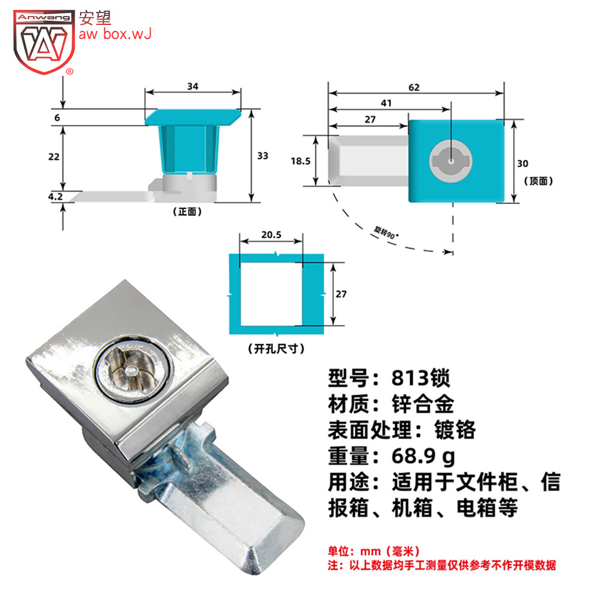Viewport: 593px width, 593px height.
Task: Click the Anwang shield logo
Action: pyautogui.click(x=44, y=42)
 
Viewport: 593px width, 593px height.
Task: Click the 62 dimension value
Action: pyautogui.click(x=414, y=87)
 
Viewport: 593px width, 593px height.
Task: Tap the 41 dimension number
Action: pyautogui.click(x=386, y=103)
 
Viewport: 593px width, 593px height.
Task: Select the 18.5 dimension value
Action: pyautogui.click(x=300, y=161)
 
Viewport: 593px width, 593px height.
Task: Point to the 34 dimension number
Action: pyautogui.click(x=193, y=87)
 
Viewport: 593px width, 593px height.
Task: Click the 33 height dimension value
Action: pyautogui.click(x=263, y=156)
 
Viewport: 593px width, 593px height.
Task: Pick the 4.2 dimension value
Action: pyautogui.click(x=55, y=197)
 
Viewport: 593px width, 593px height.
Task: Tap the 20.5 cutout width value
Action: pyautogui.click(x=271, y=235)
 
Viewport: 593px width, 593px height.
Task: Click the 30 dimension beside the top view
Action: pyautogui.click(x=522, y=164)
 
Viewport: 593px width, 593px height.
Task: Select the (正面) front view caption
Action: pyautogui.click(x=187, y=212)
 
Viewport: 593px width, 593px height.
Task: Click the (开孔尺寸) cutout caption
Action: pyautogui.click(x=276, y=348)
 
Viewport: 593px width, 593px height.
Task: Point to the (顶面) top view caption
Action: pyautogui.click(x=538, y=181)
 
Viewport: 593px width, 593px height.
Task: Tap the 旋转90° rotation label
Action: pyautogui.click(x=385, y=232)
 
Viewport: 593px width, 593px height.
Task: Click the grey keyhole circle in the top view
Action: pyautogui.click(x=451, y=161)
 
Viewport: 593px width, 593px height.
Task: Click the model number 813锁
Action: pyautogui.click(x=420, y=377)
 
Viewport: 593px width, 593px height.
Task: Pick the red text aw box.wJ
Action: pyautogui.click(x=115, y=34)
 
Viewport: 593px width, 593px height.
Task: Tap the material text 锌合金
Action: pyautogui.click(x=422, y=403)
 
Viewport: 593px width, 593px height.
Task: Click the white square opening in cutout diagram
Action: pyautogui.click(x=271, y=294)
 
